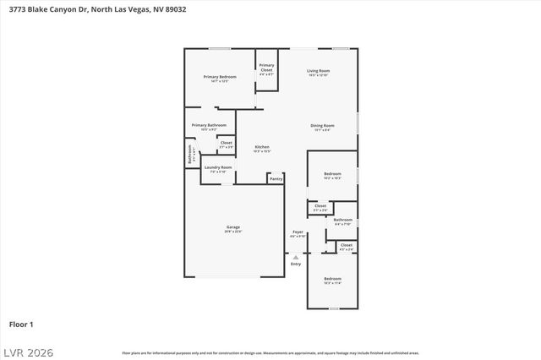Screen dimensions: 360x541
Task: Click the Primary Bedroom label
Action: click(220, 77)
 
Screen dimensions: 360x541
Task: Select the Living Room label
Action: click(318, 71)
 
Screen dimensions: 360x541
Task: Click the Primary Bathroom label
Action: click(209, 125)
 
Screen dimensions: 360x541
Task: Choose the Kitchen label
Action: click(263, 147)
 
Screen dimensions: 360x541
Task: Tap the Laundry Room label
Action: click(218, 167)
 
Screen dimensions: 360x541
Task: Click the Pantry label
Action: click(276, 178)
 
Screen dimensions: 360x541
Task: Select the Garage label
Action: click(233, 227)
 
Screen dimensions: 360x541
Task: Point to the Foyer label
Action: click(298, 232)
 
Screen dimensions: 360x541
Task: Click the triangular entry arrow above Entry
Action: click(296, 257)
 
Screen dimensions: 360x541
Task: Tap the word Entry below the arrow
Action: click(296, 265)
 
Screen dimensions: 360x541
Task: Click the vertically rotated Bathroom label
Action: click(190, 155)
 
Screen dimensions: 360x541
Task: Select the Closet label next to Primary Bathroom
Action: click(226, 143)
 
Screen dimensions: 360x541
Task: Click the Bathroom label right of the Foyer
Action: click(343, 220)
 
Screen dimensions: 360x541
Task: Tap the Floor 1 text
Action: click(21, 324)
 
